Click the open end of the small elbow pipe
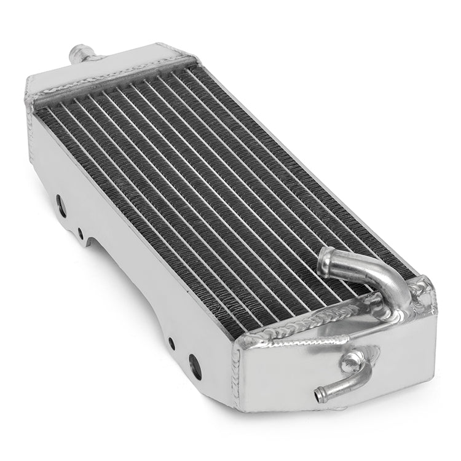pyautogui.click(x=320, y=393)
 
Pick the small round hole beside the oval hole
pyautogui.click(x=81, y=233)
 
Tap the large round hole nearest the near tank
pyautogui.click(x=195, y=366)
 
